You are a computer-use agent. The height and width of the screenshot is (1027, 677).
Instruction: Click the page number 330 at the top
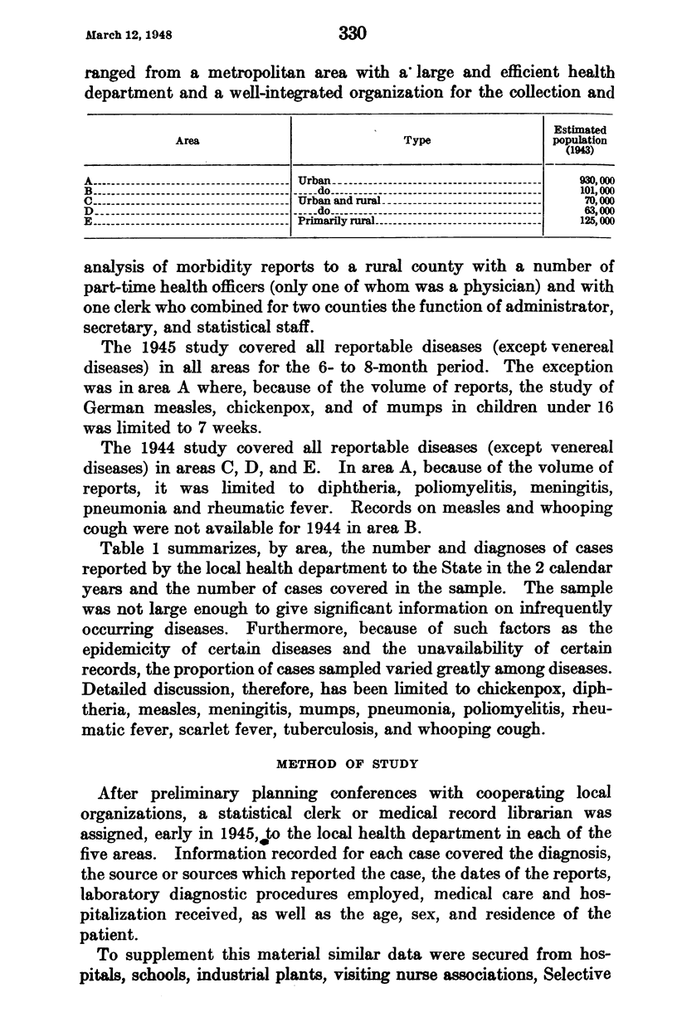(x=353, y=34)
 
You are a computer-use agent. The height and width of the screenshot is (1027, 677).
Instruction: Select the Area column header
(x=188, y=141)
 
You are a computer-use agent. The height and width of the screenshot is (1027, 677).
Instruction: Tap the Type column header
(x=416, y=141)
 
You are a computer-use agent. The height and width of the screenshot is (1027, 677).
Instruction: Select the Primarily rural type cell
(x=338, y=221)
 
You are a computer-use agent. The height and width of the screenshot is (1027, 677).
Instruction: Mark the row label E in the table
(x=89, y=221)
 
